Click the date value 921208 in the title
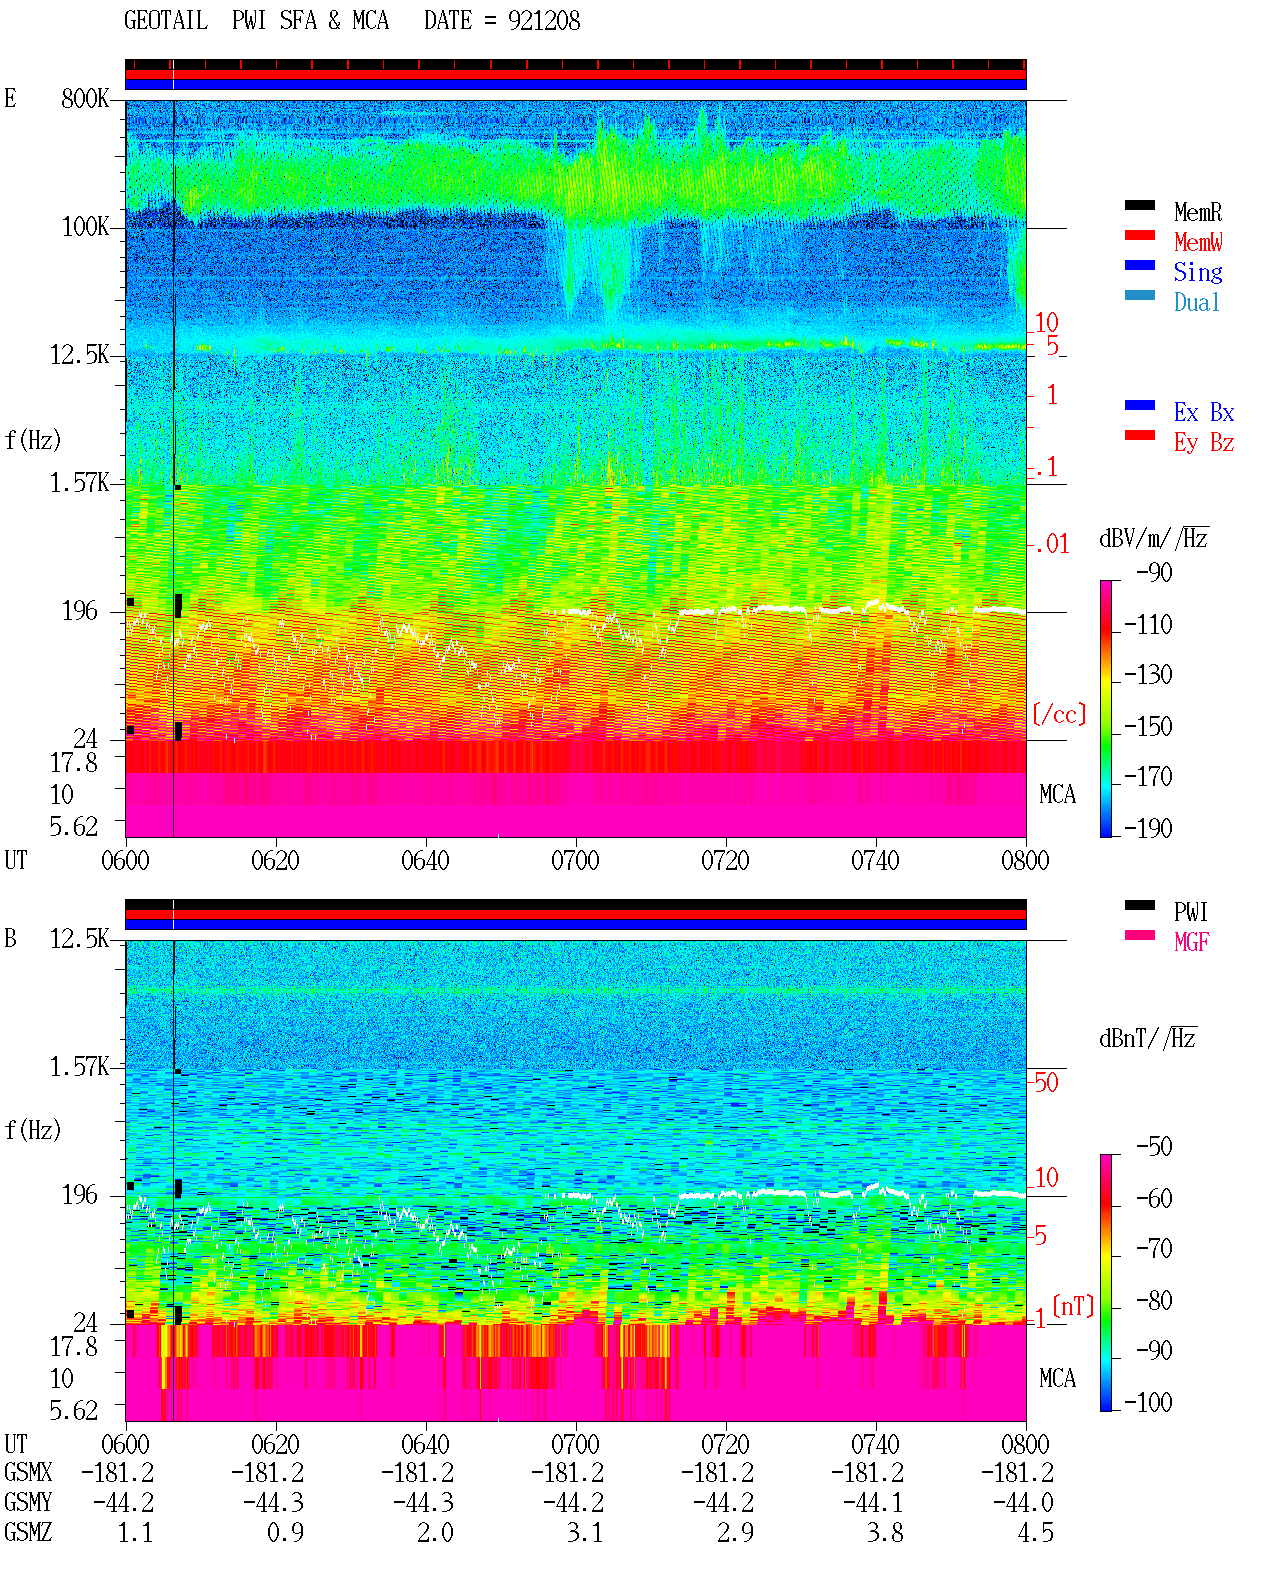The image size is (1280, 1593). click(543, 21)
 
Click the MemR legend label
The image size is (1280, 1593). click(1197, 212)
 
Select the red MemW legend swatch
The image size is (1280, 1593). click(1139, 235)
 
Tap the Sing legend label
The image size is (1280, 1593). click(1197, 272)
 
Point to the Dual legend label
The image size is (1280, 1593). click(1196, 302)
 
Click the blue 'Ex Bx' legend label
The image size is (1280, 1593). click(1203, 412)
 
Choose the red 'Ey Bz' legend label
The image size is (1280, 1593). click(1203, 443)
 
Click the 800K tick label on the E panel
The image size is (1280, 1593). click(84, 98)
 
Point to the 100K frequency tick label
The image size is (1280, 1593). click(84, 227)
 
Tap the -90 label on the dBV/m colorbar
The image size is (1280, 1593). click(1154, 572)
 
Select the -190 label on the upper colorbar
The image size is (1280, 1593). click(1148, 828)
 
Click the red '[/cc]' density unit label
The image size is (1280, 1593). click(1059, 714)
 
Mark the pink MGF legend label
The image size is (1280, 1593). click(1191, 942)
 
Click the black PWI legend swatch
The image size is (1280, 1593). click(1139, 905)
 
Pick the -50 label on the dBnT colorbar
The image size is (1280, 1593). click(1154, 1147)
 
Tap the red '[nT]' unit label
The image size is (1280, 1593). click(1073, 1306)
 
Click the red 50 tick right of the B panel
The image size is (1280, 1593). click(1046, 1082)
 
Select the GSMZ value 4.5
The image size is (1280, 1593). click(1035, 1532)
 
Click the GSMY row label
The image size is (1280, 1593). click(28, 1502)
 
